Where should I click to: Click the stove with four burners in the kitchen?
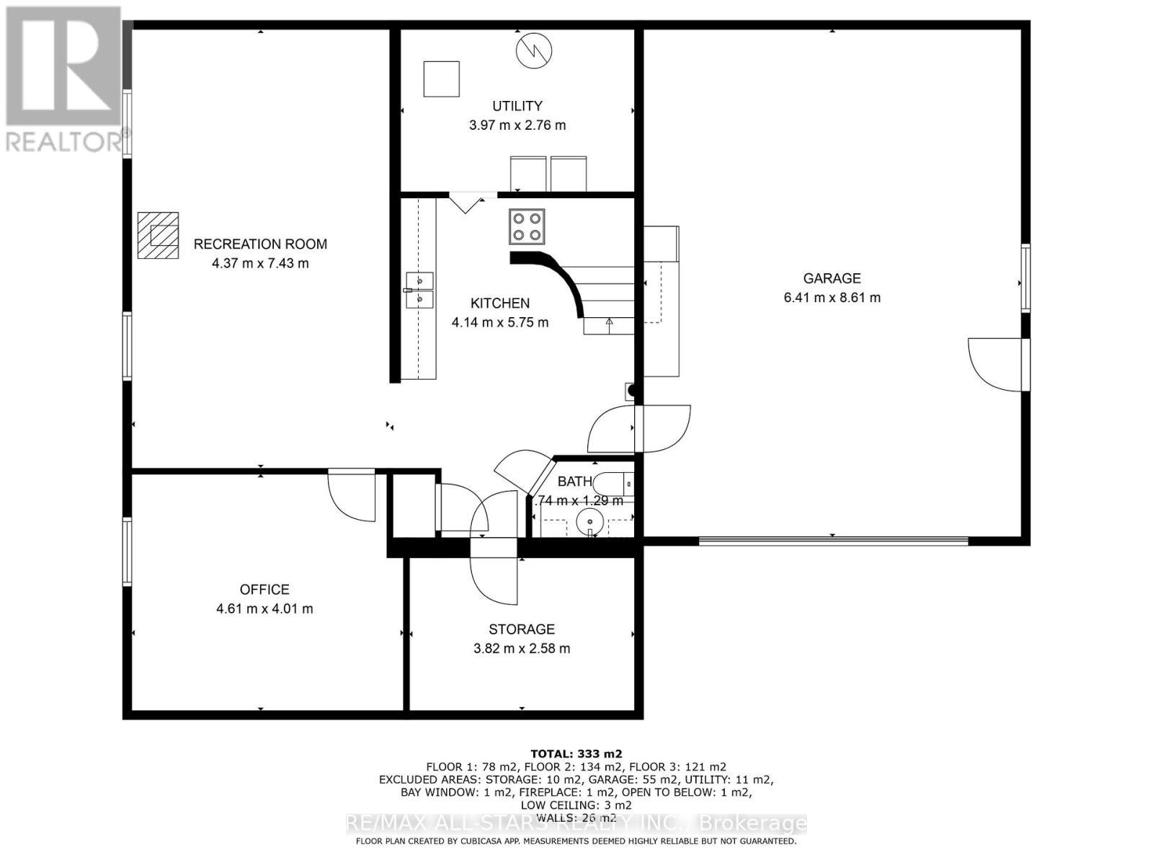tap(527, 226)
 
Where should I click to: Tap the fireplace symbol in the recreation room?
tap(159, 235)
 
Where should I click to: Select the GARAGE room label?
tap(832, 278)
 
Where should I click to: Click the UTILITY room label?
tap(517, 106)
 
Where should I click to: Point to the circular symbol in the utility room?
tap(534, 50)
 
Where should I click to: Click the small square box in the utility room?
tap(441, 79)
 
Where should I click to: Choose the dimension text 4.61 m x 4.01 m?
tap(264, 608)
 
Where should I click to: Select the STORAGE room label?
tap(521, 629)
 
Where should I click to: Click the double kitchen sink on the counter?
tap(419, 290)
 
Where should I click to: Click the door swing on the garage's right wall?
tap(994, 364)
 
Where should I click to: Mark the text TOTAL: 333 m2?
tap(576, 754)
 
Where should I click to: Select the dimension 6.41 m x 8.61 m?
tap(832, 297)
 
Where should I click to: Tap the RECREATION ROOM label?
tap(260, 244)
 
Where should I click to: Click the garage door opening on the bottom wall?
tap(833, 540)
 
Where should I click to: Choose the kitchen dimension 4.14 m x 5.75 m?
tap(499, 322)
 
